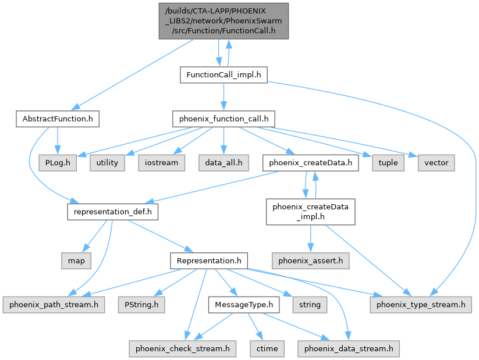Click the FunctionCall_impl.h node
point(223,74)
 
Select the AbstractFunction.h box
point(56,119)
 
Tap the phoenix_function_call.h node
point(223,119)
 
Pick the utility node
point(107,162)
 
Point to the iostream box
point(161,162)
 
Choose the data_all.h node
point(223,162)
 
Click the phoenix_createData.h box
point(310,162)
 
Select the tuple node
point(388,162)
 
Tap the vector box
point(436,162)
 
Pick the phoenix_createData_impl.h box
point(310,212)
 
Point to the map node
point(76,261)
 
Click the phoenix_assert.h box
point(310,261)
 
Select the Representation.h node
point(208,261)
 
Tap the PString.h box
point(141,304)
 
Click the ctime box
point(268,348)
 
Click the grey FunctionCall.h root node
point(223,21)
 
